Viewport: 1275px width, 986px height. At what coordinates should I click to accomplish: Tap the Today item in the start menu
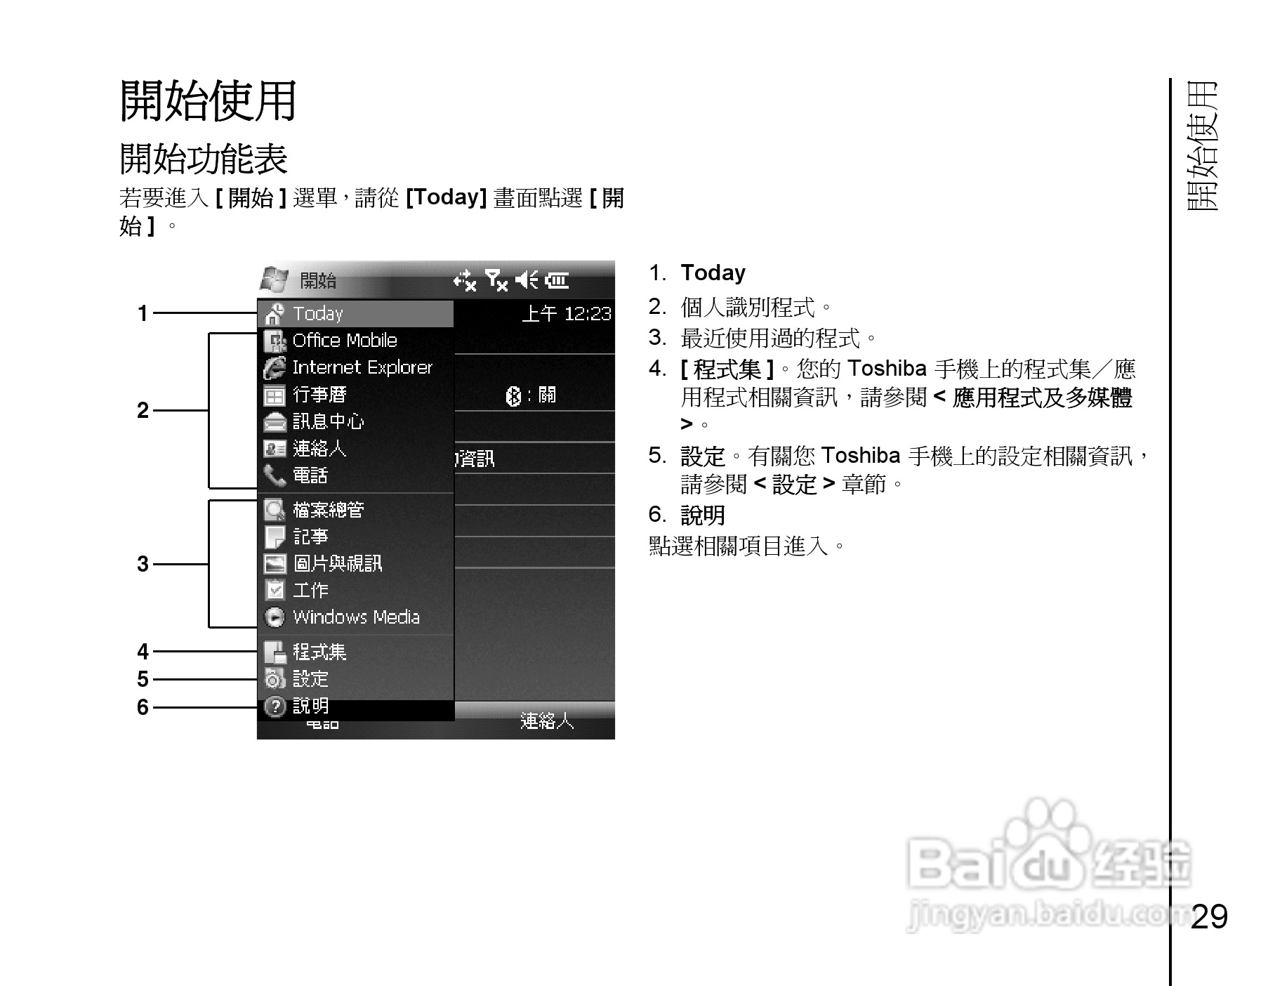pyautogui.click(x=317, y=313)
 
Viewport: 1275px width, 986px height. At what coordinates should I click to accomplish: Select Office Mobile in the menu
pyautogui.click(x=344, y=341)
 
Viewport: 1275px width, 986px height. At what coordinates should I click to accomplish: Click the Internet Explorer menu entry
pyautogui.click(x=362, y=367)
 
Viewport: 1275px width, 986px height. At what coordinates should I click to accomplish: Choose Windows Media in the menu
pyautogui.click(x=355, y=617)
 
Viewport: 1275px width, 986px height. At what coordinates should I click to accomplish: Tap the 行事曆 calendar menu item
pyautogui.click(x=319, y=395)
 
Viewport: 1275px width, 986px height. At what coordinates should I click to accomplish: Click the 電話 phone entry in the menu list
pyautogui.click(x=310, y=475)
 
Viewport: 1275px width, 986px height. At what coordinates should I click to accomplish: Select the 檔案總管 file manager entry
pyautogui.click(x=328, y=510)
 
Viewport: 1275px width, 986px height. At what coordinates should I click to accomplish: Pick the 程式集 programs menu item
pyautogui.click(x=319, y=652)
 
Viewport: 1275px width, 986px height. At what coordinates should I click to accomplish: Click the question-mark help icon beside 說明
pyautogui.click(x=275, y=706)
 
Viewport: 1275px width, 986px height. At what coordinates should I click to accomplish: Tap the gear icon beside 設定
pyautogui.click(x=275, y=679)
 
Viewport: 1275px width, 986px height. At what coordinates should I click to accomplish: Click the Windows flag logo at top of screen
pyautogui.click(x=274, y=280)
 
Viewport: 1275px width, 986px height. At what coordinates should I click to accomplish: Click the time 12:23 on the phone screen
pyautogui.click(x=587, y=314)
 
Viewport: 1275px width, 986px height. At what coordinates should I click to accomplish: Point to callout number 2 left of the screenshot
pyautogui.click(x=143, y=410)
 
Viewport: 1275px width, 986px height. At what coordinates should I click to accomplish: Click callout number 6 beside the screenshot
pyautogui.click(x=143, y=707)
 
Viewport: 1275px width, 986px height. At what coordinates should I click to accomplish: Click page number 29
pyautogui.click(x=1209, y=916)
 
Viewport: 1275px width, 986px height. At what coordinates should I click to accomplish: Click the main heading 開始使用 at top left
pyautogui.click(x=209, y=101)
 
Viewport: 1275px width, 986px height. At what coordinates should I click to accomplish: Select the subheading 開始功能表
pyautogui.click(x=204, y=159)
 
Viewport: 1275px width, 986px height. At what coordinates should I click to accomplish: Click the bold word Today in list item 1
pyautogui.click(x=713, y=273)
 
